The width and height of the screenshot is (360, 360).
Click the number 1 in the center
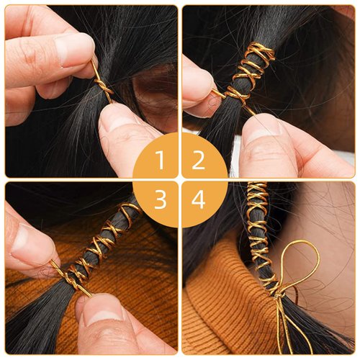click(x=160, y=160)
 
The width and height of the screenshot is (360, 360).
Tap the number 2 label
click(x=199, y=160)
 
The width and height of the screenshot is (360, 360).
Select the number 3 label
click(x=160, y=199)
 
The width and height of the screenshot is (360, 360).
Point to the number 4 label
click(x=199, y=199)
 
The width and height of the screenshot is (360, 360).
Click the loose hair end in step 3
click(x=36, y=324)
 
